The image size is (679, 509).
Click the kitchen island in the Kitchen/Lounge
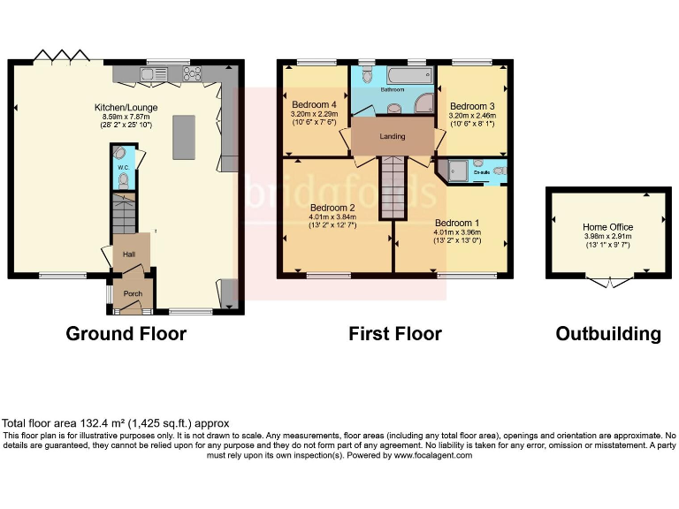pos(183,136)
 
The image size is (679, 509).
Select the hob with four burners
pos(190,74)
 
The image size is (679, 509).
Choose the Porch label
pos(133,293)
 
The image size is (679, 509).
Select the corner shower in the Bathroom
pos(423,101)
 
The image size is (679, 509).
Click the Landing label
pos(393,137)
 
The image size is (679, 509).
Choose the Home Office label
pos(607,227)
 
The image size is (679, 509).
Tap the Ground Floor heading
pos(126,334)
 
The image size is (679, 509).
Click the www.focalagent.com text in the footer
pos(432,456)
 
